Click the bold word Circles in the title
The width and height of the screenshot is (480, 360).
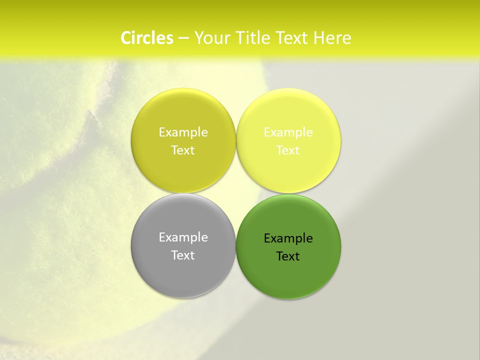coord(147,38)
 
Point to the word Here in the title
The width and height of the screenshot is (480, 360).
coord(332,38)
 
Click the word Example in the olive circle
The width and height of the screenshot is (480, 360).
coord(183,132)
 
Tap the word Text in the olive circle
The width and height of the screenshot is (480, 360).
coord(183,150)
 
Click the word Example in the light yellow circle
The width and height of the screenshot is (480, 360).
coord(288,132)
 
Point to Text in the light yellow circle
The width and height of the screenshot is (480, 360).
coord(288,150)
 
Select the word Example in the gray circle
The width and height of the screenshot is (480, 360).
coord(183,237)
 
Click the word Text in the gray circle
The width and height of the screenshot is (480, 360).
coord(183,255)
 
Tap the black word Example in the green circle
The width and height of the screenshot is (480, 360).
coord(288,238)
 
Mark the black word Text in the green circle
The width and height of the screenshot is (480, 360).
coord(288,256)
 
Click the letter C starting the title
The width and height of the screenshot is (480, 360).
coord(126,38)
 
